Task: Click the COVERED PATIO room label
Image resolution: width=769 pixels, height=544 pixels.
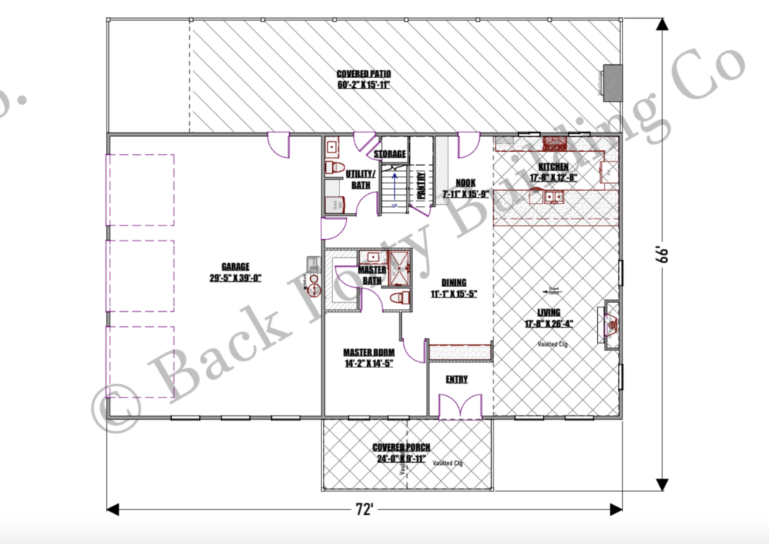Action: pos(363,74)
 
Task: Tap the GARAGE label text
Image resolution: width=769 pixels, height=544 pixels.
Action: pos(235,266)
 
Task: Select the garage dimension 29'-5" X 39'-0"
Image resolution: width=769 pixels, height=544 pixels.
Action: pos(235,277)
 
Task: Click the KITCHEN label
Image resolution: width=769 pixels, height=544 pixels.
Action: pos(553,167)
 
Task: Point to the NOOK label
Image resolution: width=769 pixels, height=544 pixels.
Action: pos(466,183)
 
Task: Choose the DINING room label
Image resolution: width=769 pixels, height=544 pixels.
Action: pos(453,283)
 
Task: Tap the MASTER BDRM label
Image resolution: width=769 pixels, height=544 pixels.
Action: pos(368,352)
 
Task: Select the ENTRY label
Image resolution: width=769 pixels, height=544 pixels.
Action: pos(457,379)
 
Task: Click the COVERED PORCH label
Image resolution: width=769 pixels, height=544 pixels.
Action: pos(402,448)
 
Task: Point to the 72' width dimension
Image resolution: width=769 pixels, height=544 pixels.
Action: pos(364,509)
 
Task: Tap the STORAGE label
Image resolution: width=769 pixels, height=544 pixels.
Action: pos(391,154)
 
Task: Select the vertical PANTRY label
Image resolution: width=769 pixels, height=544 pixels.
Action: pos(421,185)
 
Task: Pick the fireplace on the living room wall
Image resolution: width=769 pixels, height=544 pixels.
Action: pos(609,324)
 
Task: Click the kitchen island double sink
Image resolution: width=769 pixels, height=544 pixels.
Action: pos(554,197)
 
